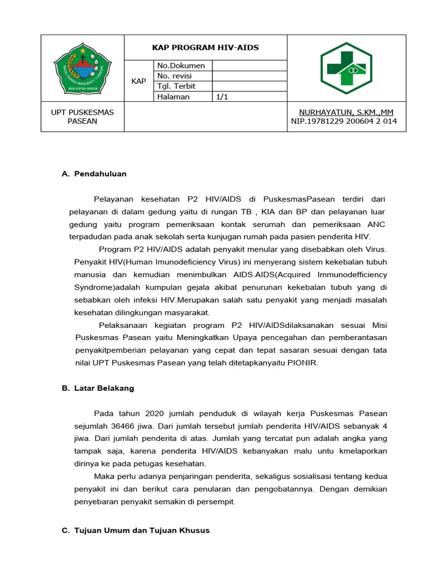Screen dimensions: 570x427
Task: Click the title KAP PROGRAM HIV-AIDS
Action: tap(205, 47)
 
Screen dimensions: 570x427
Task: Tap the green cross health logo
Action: tap(346, 68)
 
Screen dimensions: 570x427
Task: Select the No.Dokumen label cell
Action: tap(181, 66)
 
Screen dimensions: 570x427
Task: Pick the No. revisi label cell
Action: tap(176, 76)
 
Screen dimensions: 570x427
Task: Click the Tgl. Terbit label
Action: tap(176, 86)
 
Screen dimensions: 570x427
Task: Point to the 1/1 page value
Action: tap(222, 97)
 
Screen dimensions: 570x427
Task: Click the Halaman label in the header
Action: tap(173, 97)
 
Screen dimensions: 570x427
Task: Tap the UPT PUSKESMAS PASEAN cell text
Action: tap(82, 116)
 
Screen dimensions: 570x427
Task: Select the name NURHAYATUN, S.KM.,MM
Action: tap(346, 112)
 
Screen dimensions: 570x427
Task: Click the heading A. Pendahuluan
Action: tap(95, 174)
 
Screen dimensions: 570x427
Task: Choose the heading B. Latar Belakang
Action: tap(98, 388)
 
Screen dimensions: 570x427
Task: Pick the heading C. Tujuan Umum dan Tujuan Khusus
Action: tap(136, 530)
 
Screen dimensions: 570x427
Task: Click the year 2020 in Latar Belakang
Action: tap(156, 414)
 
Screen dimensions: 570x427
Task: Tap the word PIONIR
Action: tap(319, 363)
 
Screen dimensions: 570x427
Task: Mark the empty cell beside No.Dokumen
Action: tap(250, 66)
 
